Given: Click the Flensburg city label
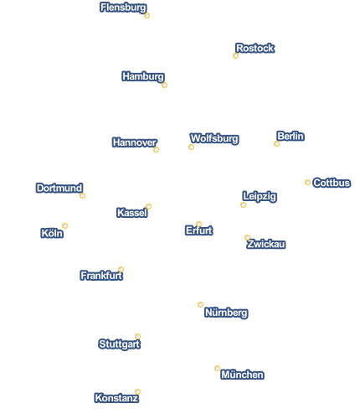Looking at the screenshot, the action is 123,8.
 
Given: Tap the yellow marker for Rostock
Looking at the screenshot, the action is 235,56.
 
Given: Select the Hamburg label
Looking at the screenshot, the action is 143,76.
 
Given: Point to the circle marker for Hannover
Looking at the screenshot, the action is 156,150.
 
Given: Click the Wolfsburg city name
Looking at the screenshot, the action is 214,138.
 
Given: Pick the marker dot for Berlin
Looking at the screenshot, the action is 276,144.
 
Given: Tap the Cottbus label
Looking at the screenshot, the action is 332,183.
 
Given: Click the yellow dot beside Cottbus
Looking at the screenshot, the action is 307,183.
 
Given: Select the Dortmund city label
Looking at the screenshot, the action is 59,188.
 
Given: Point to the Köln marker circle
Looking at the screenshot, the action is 64,225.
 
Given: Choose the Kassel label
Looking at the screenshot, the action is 132,213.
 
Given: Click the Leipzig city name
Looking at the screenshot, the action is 260,196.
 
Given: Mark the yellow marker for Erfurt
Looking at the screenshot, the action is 198,225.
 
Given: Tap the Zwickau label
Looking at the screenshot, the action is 266,244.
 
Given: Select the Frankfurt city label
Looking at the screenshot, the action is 101,276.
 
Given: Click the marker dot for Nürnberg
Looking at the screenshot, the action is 200,304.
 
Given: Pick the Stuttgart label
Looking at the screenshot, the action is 119,344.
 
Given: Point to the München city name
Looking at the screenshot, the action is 242,375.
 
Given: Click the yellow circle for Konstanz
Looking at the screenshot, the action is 137,391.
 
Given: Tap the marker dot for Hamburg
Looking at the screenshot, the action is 164,85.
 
